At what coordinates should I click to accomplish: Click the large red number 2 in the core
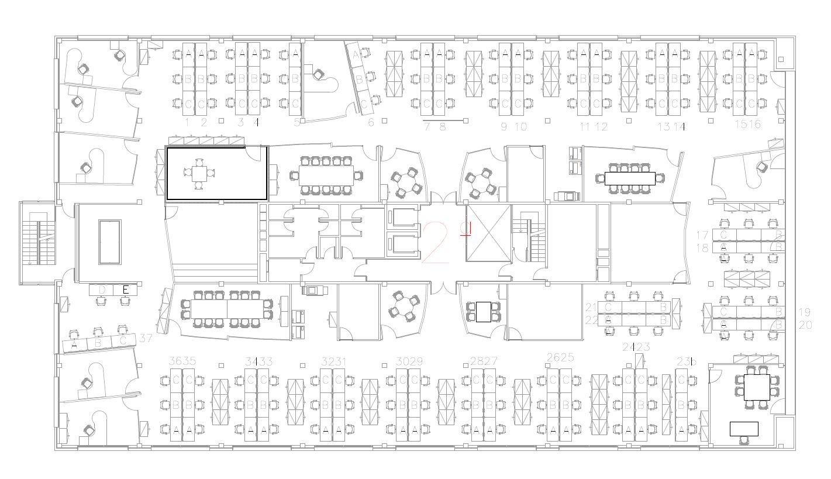(x=436, y=242)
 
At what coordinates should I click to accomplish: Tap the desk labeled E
(x=125, y=289)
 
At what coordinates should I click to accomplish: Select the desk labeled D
(x=102, y=289)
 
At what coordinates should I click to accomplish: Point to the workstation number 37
(x=146, y=338)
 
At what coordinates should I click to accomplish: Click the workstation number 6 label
(x=371, y=123)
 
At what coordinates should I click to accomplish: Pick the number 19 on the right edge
(x=805, y=312)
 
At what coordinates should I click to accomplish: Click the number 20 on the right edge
(x=805, y=325)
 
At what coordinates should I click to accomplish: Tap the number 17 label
(x=702, y=235)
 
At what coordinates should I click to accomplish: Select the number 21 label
(x=591, y=307)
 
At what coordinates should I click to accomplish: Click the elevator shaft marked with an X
(x=488, y=233)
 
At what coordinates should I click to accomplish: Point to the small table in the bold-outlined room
(x=199, y=174)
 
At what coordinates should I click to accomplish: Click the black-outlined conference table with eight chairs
(x=629, y=178)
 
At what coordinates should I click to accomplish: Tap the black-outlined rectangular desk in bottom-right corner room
(x=744, y=429)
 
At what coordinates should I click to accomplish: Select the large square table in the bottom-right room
(x=757, y=387)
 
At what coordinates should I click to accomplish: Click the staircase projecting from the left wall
(x=37, y=242)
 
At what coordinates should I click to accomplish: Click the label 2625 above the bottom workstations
(x=560, y=357)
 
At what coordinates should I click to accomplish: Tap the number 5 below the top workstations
(x=296, y=123)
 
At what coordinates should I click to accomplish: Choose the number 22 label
(x=591, y=320)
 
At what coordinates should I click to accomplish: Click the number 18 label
(x=702, y=248)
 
